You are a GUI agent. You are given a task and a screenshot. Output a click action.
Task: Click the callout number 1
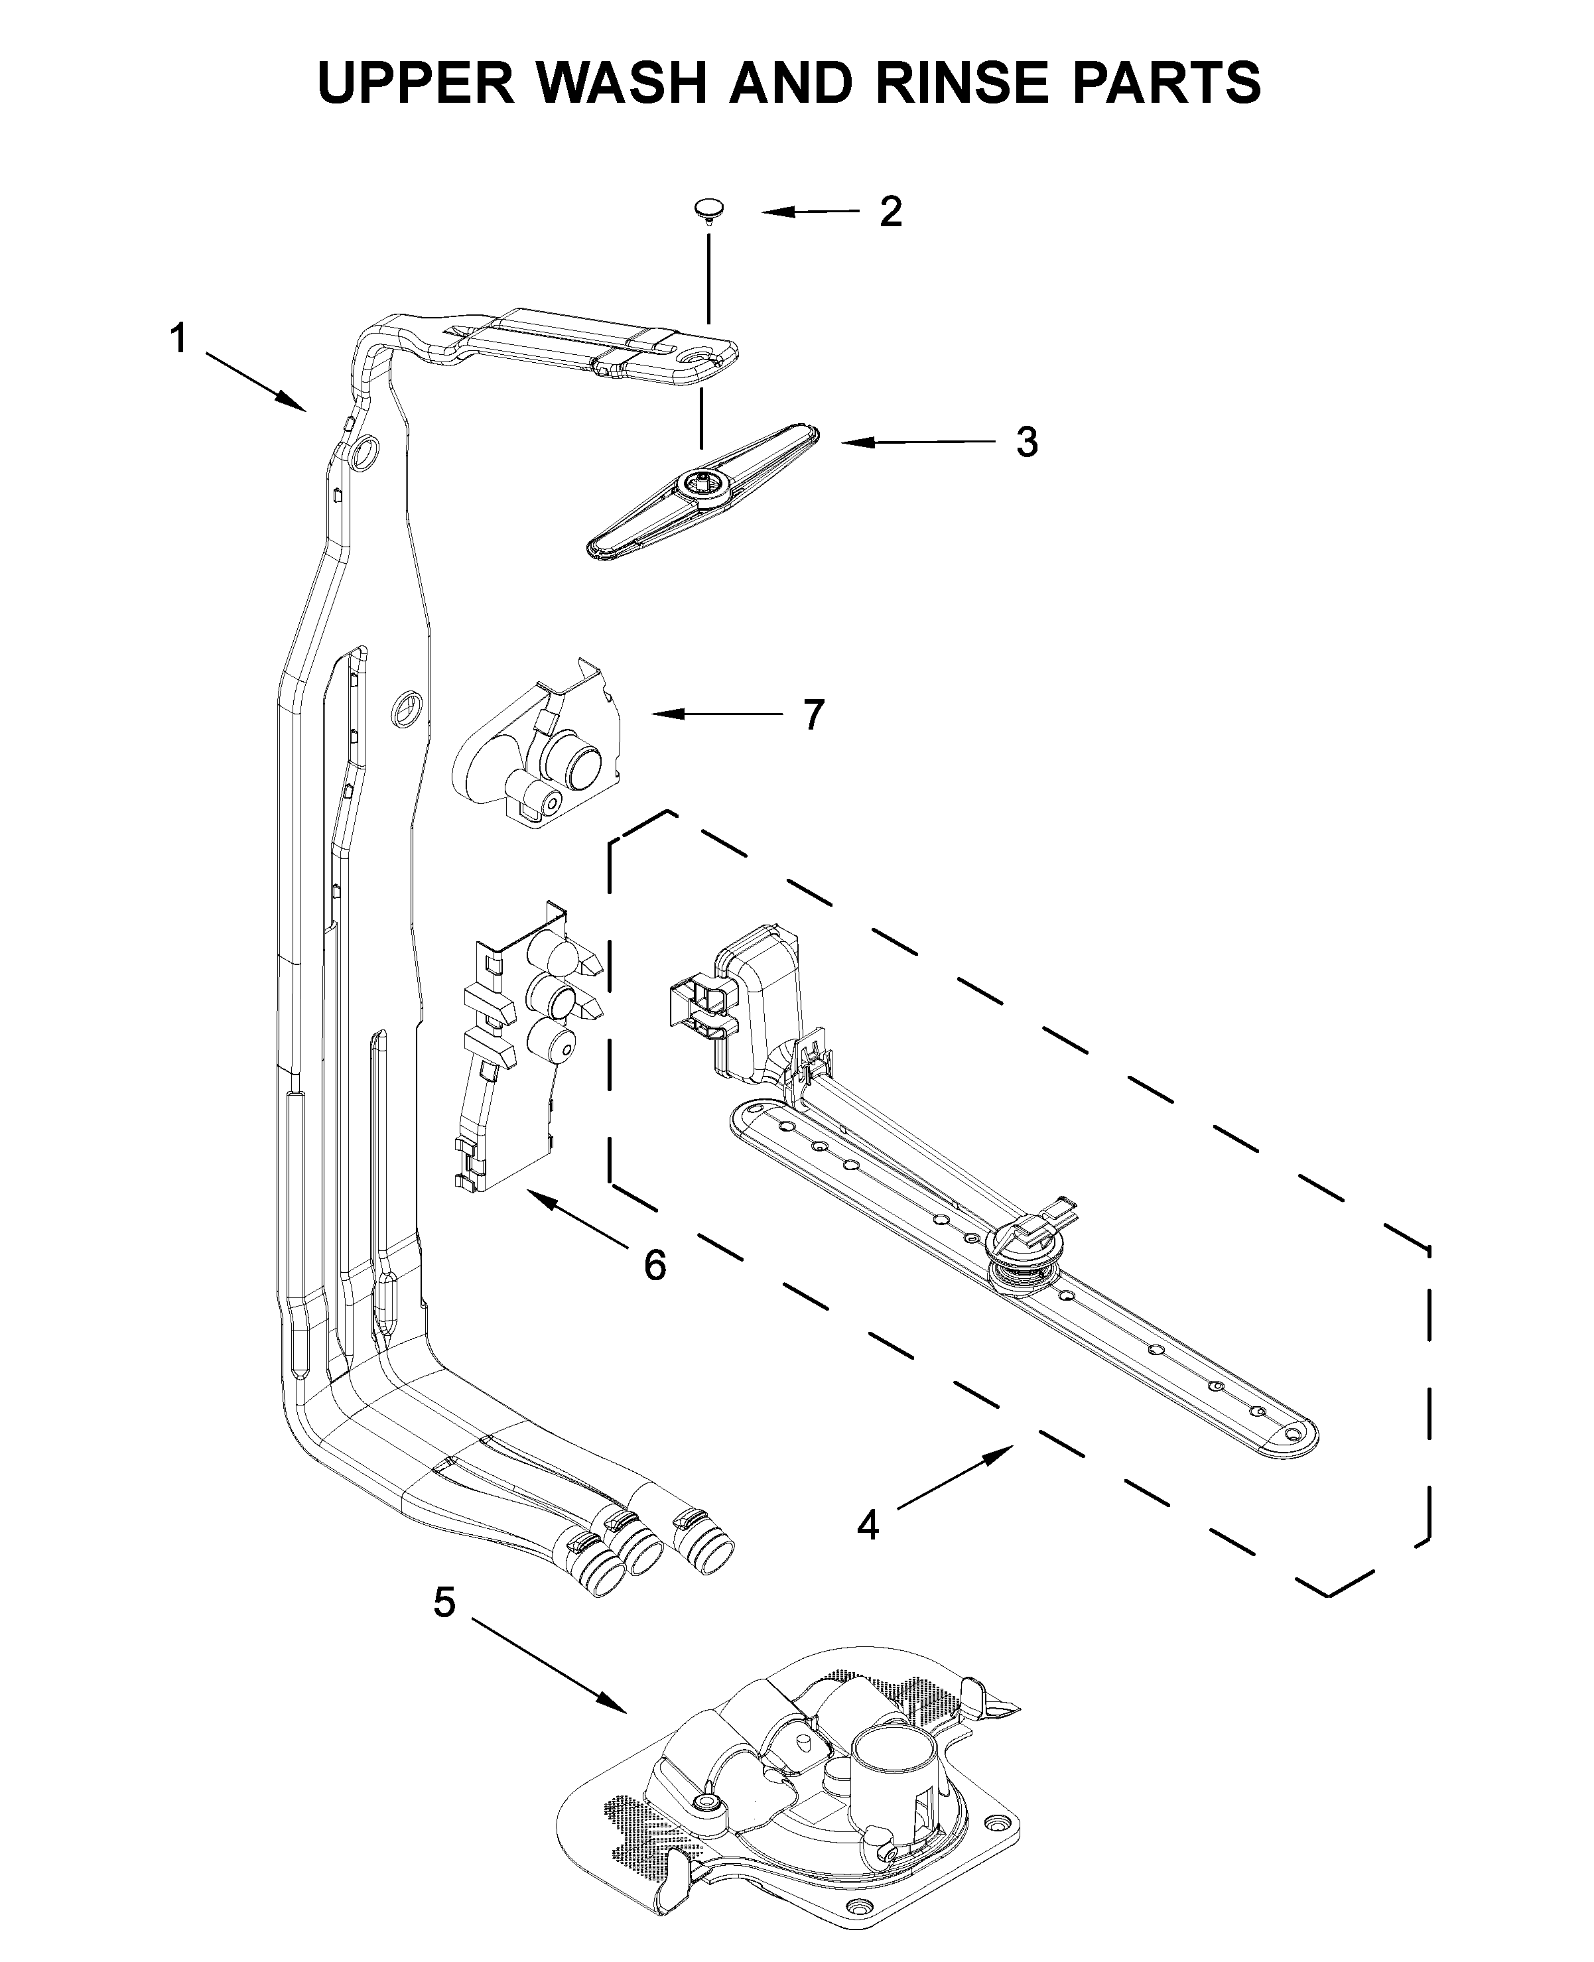pyautogui.click(x=178, y=339)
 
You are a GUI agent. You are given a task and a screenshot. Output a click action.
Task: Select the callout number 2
pyautogui.click(x=890, y=212)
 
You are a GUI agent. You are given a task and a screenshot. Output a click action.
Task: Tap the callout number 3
pyautogui.click(x=1027, y=442)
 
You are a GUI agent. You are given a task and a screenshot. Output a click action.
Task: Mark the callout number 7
pyautogui.click(x=813, y=715)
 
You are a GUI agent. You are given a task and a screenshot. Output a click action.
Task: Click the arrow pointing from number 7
pyautogui.click(x=716, y=714)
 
